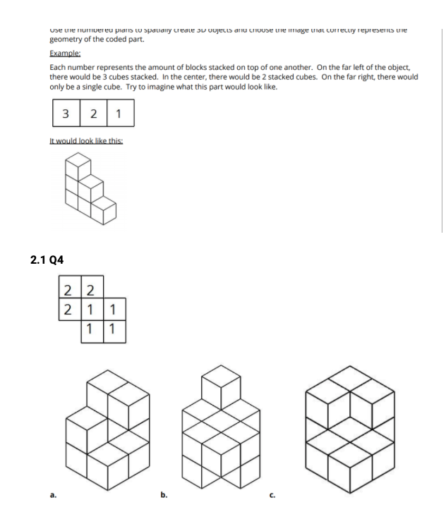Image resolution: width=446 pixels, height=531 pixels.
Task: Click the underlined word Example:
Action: point(65,54)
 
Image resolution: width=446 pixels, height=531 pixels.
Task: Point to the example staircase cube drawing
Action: point(88,190)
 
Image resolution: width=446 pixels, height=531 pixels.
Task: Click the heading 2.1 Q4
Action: point(47,260)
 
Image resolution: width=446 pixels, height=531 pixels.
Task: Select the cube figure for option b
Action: point(215,430)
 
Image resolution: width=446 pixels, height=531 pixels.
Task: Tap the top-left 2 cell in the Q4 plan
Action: point(68,288)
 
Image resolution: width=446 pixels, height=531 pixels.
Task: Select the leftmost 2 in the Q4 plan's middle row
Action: point(68,310)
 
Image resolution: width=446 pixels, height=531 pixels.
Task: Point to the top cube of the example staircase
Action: point(77,167)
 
